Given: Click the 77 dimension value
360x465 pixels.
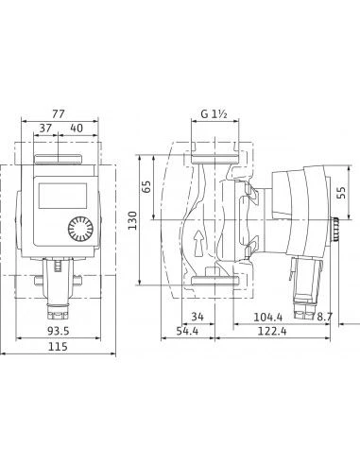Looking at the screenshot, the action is click(58, 113).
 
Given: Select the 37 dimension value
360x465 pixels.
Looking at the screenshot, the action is click(45, 129).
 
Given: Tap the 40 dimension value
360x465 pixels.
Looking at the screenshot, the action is click(77, 129).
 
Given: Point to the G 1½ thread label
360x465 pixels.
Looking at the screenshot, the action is click(214, 113).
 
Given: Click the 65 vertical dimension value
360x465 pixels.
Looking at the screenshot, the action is click(146, 187).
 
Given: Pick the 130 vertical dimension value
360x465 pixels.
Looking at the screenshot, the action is click(132, 220).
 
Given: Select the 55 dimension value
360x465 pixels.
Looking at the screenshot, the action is click(341, 193).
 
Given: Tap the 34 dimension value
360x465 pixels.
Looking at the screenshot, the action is click(197, 317).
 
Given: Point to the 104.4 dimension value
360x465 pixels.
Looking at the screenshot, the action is click(268, 317).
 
